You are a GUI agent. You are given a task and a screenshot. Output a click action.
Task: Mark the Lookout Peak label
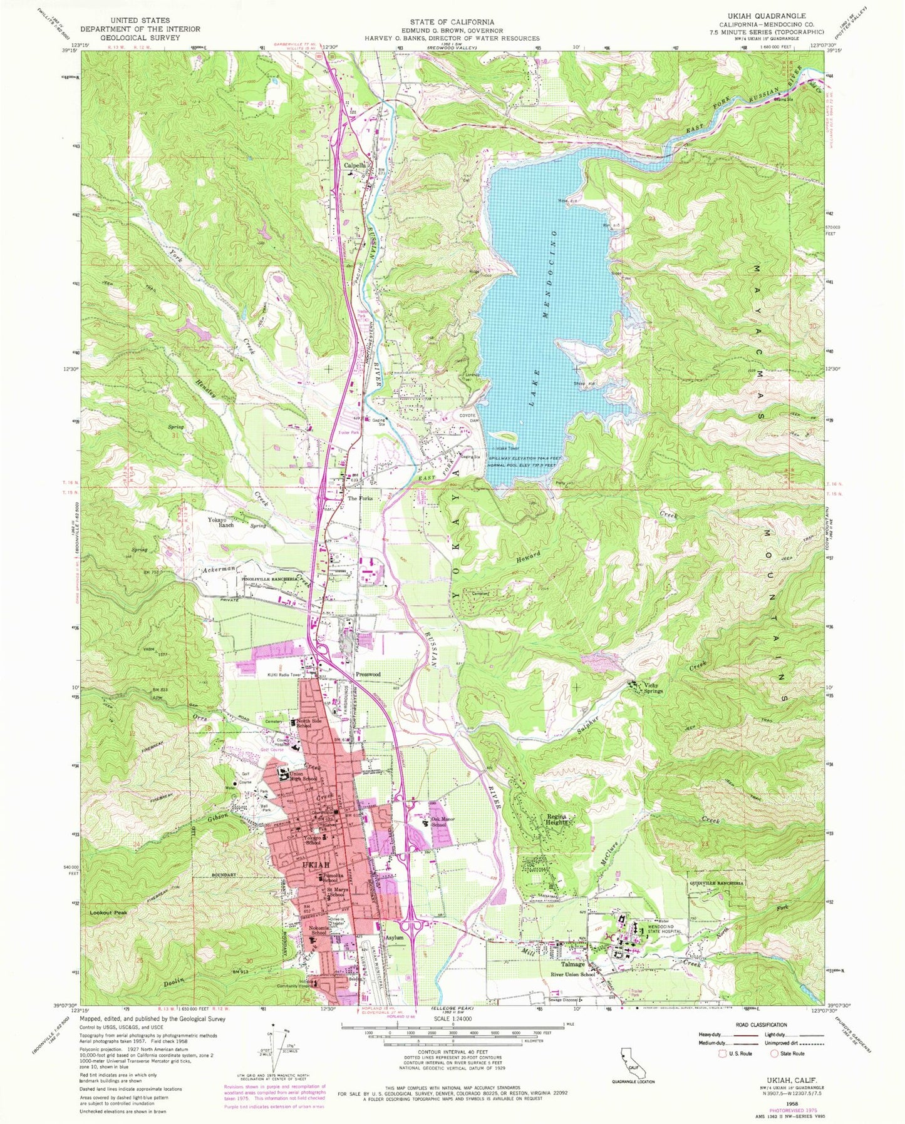tap(108, 912)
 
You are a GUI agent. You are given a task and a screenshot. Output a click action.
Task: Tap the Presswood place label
tap(368, 675)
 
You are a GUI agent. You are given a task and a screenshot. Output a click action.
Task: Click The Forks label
tap(360, 499)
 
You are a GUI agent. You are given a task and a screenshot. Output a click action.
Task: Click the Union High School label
tap(303, 777)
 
